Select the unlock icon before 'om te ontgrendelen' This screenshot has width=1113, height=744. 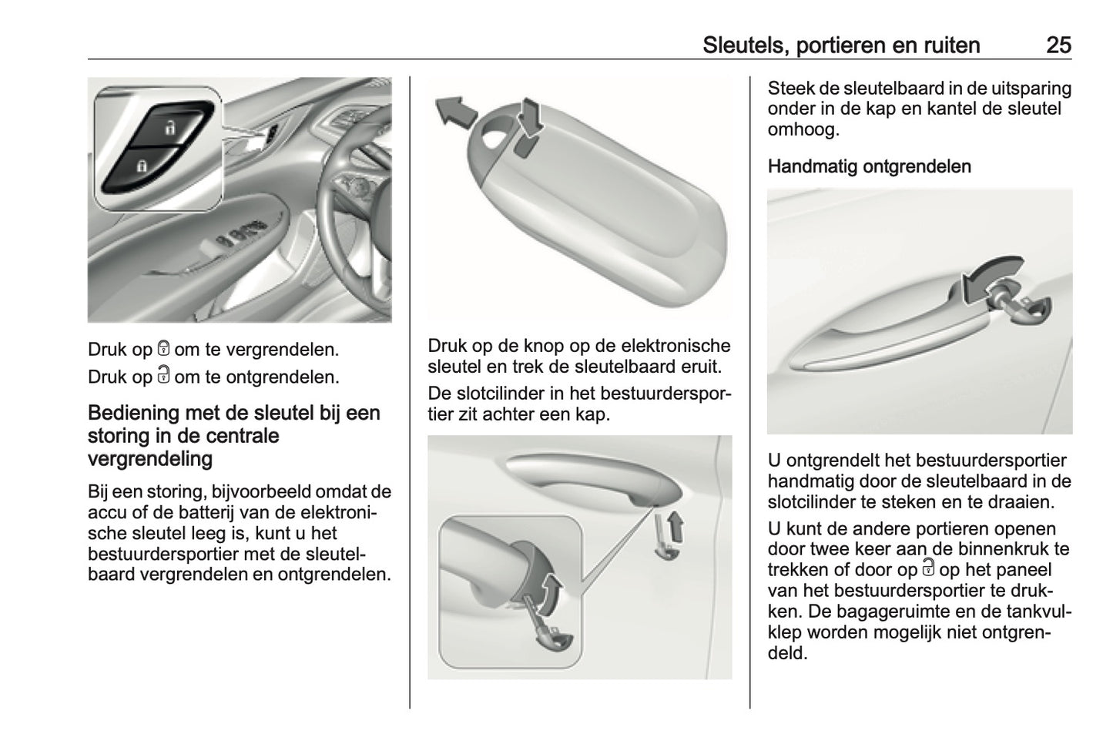(163, 376)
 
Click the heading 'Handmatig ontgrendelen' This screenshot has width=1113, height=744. (869, 166)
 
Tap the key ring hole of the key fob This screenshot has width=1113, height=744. (494, 137)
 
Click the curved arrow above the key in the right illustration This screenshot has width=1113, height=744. (989, 274)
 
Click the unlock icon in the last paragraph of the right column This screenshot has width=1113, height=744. (927, 570)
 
